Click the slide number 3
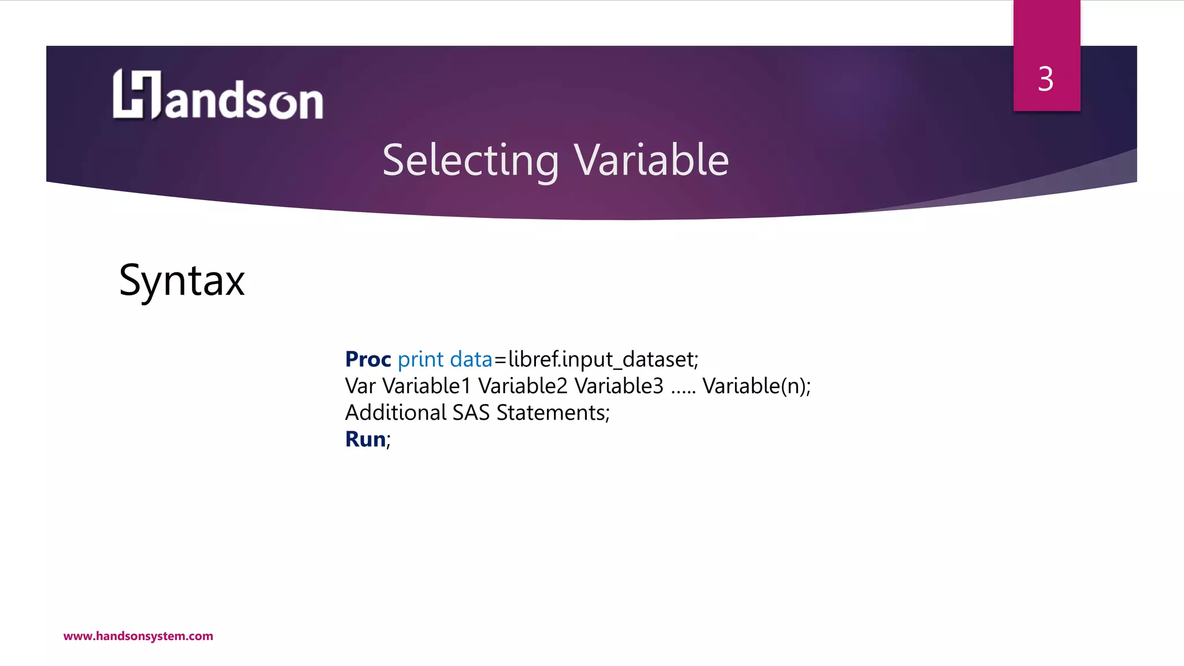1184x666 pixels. (x=1045, y=79)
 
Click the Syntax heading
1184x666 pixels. (x=182, y=281)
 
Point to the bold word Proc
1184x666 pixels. (x=368, y=360)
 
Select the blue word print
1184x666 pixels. (x=420, y=360)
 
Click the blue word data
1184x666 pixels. (x=471, y=360)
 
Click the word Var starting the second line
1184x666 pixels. (x=360, y=386)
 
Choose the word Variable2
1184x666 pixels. (x=523, y=386)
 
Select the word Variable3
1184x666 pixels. (x=619, y=386)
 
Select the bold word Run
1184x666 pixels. (x=365, y=439)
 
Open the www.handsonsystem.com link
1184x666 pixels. (x=138, y=636)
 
